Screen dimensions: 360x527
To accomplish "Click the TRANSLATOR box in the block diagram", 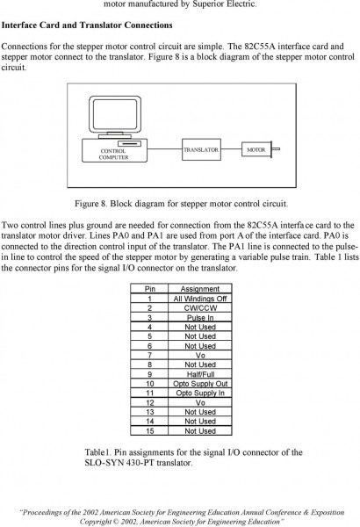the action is pos(201,149).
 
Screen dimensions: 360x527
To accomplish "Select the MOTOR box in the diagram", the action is pos(256,149).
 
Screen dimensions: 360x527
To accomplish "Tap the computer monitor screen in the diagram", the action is pos(115,114).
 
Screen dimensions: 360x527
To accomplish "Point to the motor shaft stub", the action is pos(276,149).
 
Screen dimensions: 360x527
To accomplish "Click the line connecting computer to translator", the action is pos(165,148).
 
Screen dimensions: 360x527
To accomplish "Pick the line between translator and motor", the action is pos(231,148).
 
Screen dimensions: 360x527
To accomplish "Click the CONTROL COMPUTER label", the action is pos(113,155).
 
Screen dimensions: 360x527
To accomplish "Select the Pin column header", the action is pos(149,289).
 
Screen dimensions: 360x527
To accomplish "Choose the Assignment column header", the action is pos(200,289).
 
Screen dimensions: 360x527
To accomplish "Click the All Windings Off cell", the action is pos(200,299).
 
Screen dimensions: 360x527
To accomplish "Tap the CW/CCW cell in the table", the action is pos(200,308).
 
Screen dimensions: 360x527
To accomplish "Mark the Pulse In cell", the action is pos(200,317).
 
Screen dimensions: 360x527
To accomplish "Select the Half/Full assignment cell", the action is pos(200,374).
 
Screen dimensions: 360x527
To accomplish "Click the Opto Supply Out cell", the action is pos(200,384).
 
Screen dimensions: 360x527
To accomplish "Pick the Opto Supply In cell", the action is pos(200,393).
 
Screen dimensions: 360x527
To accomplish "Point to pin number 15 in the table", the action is pos(150,431).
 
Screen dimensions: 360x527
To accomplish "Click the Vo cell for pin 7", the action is pos(200,355).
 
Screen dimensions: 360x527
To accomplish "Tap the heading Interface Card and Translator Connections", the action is pos(87,25).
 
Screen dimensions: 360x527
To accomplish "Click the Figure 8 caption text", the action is pos(181,204).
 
